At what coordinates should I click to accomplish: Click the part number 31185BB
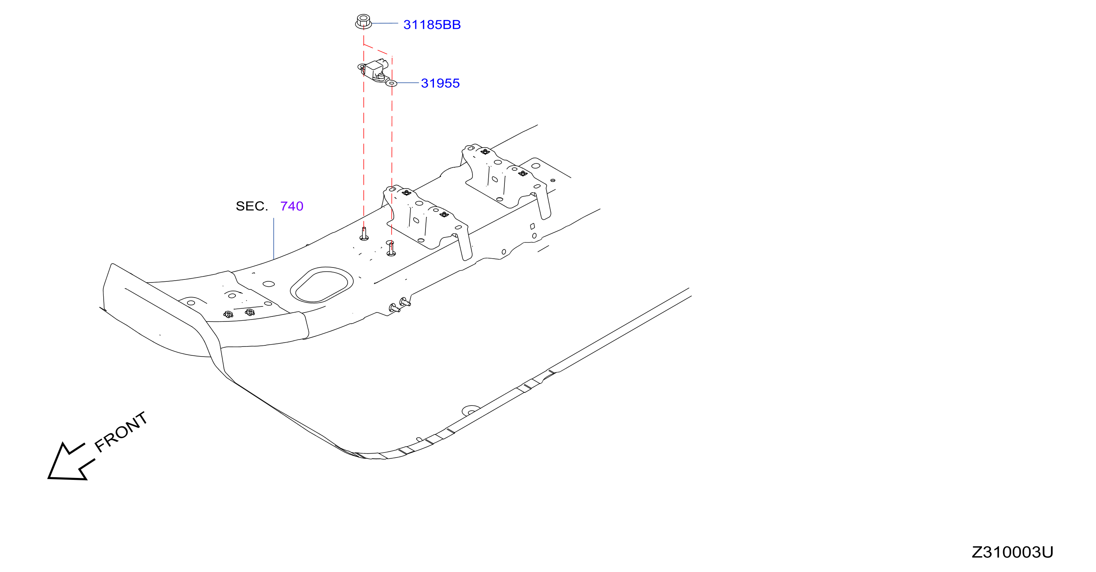(x=432, y=25)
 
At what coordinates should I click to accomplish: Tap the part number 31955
(x=440, y=83)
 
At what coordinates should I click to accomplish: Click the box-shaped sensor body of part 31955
(x=375, y=69)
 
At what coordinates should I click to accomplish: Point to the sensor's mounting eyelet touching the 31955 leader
(x=392, y=83)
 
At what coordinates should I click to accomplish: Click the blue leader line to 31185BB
(x=385, y=24)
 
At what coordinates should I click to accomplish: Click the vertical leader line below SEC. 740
(x=274, y=238)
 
